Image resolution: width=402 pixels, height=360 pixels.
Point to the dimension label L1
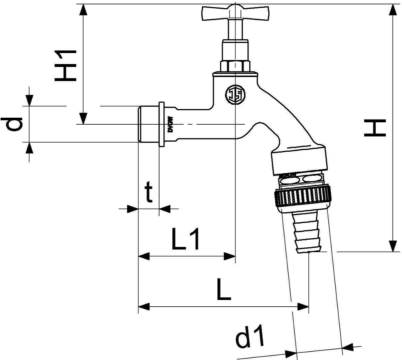tap(186, 239)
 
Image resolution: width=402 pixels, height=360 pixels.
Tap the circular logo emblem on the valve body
tap(235, 94)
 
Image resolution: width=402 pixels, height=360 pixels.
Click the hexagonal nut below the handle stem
tap(236, 66)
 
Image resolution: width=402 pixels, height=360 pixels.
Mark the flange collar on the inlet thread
tap(161, 124)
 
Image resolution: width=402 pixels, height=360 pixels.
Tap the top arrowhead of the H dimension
tap(394, 10)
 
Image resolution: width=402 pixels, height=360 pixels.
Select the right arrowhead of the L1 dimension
tap(230, 256)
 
